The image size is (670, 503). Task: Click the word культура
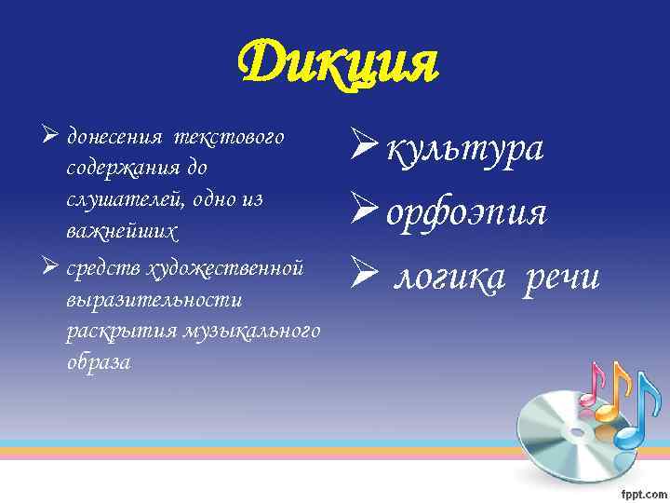point(465,149)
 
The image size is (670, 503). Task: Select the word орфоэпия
point(466,213)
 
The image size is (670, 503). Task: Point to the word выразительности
point(154,300)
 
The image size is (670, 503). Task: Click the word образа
point(99,361)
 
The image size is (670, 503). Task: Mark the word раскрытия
point(122,331)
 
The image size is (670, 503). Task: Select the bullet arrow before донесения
point(51,138)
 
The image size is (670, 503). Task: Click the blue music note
point(632,415)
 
